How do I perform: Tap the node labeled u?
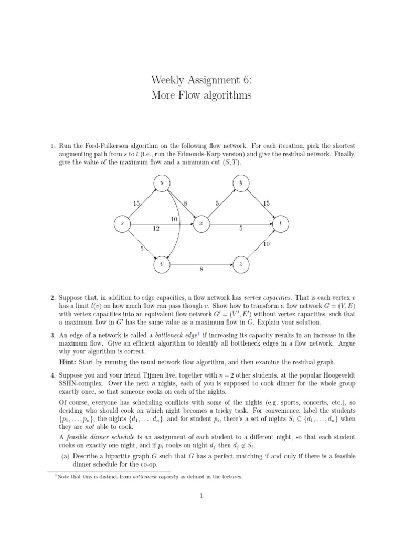click(162, 182)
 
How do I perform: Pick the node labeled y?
click(241, 182)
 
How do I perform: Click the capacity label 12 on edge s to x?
click(156, 229)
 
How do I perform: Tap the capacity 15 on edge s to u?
click(136, 203)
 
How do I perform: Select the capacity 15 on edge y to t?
click(266, 203)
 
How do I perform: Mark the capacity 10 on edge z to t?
click(266, 244)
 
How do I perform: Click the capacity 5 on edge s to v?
click(141, 249)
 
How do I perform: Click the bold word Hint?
click(69, 362)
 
